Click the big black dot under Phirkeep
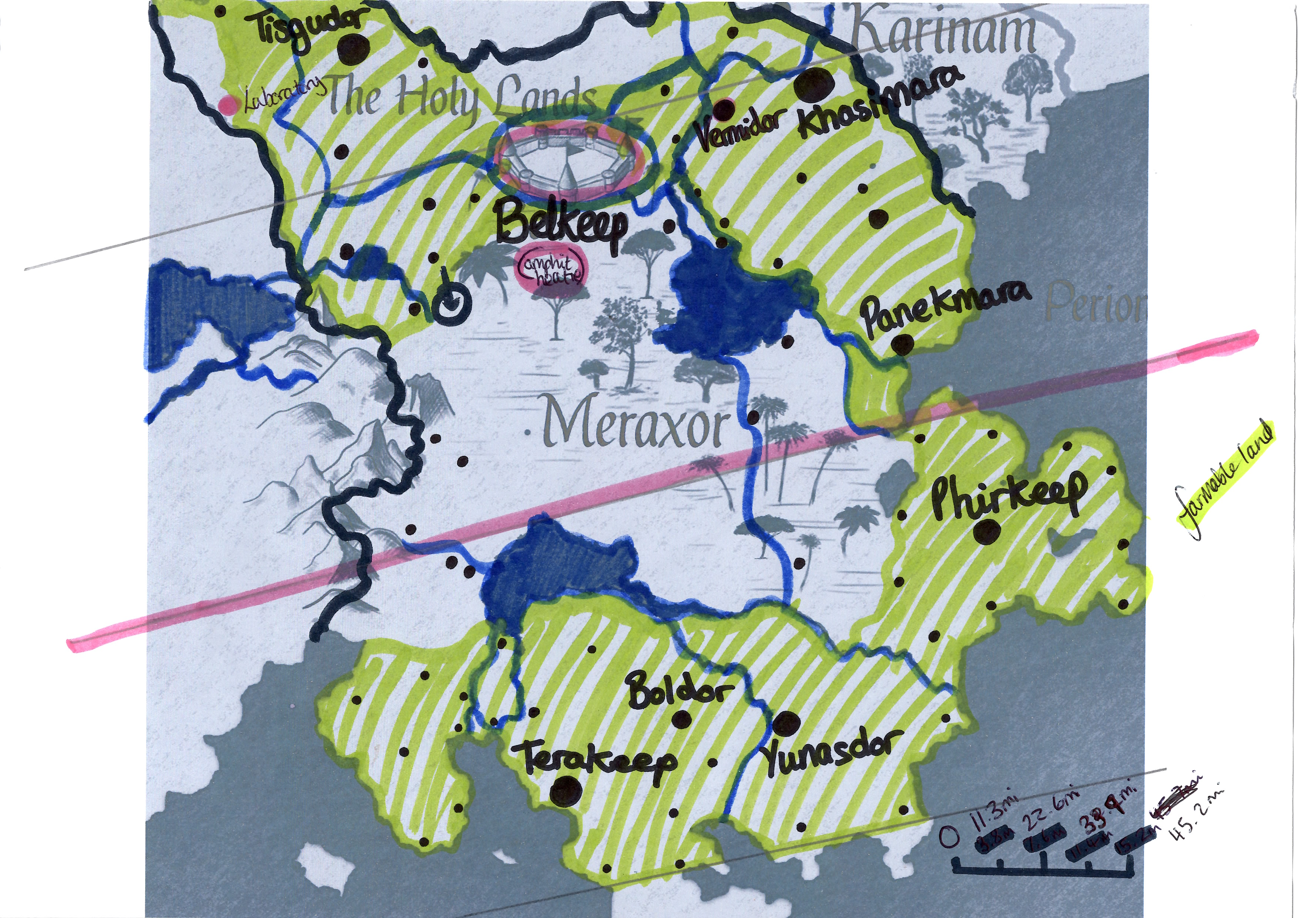point(985,533)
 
